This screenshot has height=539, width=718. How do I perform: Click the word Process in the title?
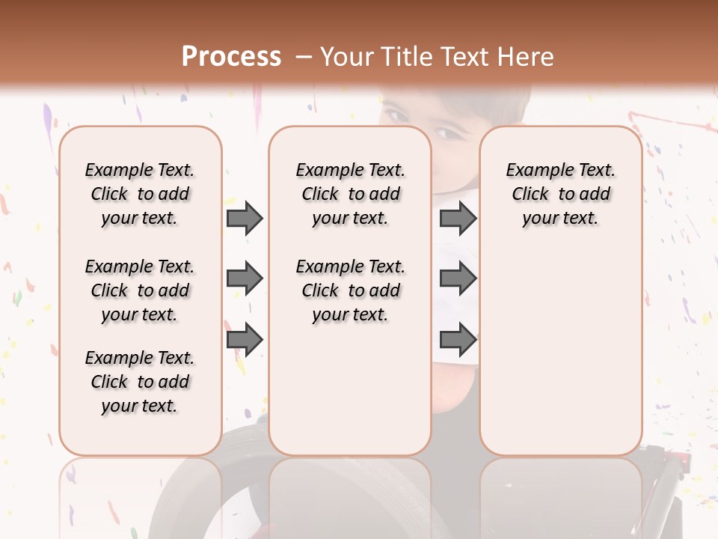(x=231, y=57)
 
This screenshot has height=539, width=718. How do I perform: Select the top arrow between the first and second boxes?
(x=245, y=218)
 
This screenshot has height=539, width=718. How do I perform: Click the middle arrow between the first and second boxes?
(x=245, y=278)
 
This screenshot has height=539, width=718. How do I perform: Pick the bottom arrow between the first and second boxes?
(x=245, y=339)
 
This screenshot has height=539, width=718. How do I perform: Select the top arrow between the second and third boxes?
(x=458, y=218)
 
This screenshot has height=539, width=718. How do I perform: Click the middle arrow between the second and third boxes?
(x=458, y=278)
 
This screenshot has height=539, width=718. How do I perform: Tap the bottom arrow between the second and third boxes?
(x=458, y=339)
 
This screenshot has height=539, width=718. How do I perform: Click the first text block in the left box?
(x=140, y=194)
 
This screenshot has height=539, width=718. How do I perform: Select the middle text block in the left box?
(x=140, y=290)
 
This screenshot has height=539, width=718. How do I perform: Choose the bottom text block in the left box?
(x=140, y=382)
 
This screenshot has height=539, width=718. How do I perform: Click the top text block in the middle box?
(x=350, y=194)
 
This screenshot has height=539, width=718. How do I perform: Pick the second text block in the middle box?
(x=350, y=290)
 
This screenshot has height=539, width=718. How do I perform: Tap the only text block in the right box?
(x=560, y=194)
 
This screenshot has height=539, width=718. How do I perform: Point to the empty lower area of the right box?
(x=560, y=352)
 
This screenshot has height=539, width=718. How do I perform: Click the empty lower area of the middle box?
(x=350, y=389)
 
